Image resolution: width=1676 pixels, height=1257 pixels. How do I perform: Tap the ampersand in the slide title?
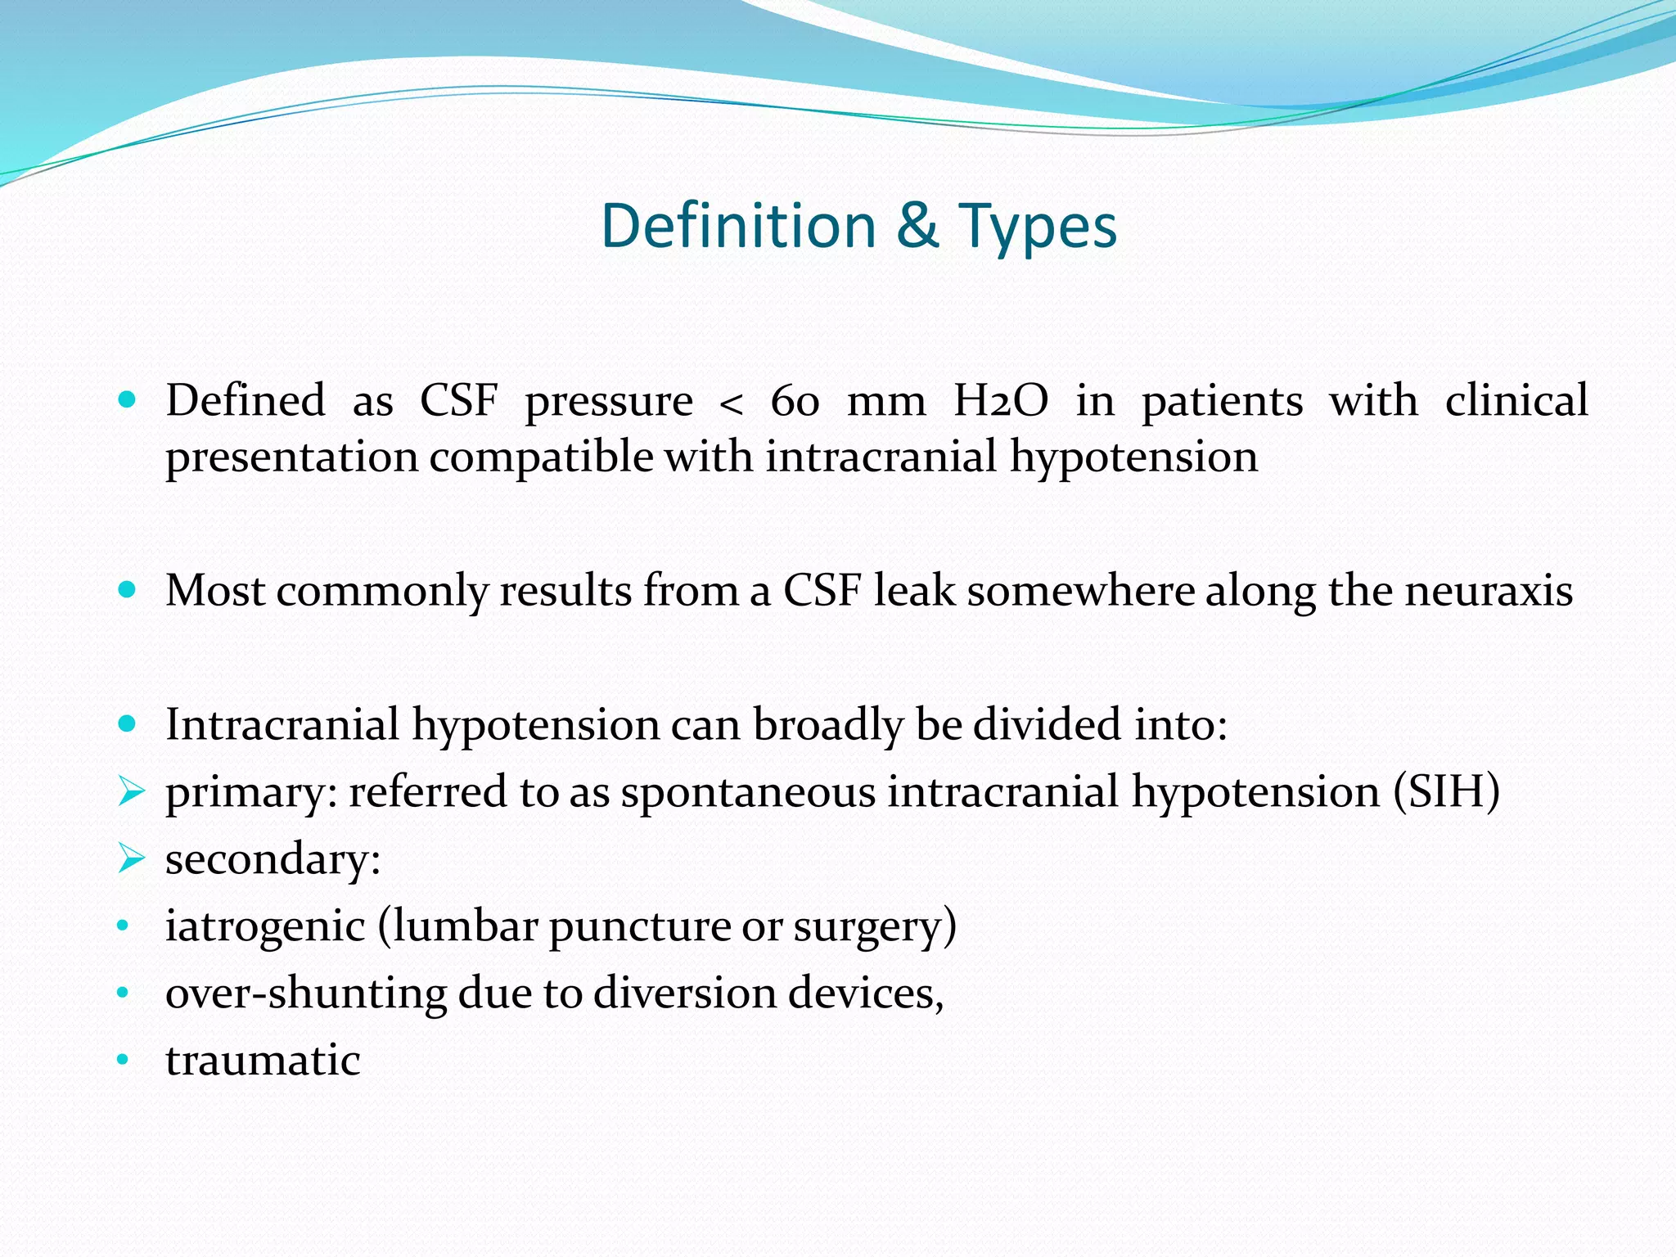tap(917, 226)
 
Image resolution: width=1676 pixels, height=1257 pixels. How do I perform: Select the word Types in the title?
tap(1037, 228)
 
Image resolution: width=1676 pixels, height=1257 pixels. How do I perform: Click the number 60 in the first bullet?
tap(794, 402)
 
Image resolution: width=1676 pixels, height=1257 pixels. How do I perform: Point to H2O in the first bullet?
tap(1000, 402)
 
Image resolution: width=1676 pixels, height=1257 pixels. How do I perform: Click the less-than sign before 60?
tap(731, 404)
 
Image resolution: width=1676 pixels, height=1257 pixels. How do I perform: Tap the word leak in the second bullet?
tap(913, 591)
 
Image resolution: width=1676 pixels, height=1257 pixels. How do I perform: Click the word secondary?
tap(273, 860)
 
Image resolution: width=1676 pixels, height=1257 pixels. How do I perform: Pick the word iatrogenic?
tap(264, 927)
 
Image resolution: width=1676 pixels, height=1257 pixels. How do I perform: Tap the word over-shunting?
tap(305, 993)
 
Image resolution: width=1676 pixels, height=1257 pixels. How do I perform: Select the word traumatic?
tap(262, 1061)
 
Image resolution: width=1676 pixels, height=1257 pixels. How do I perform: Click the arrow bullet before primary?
tap(131, 791)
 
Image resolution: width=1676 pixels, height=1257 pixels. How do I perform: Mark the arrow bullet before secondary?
tap(131, 858)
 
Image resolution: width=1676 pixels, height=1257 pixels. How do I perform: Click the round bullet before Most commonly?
tap(126, 589)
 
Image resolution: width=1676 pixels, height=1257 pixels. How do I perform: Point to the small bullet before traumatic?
tap(124, 1061)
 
